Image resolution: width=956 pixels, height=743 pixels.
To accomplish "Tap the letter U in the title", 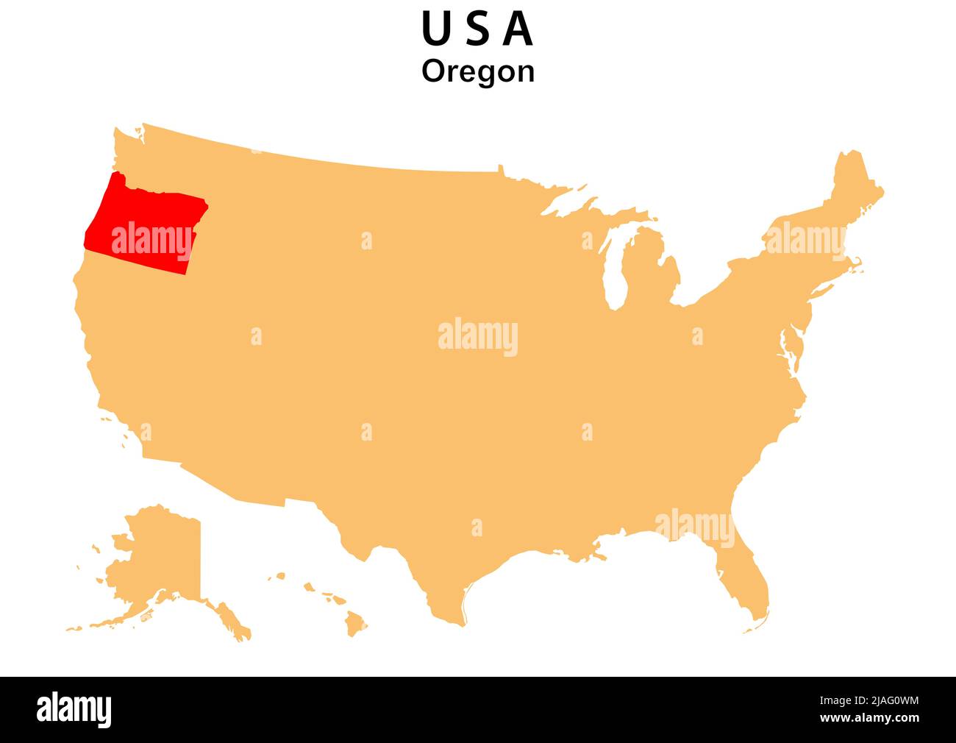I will coord(435,29).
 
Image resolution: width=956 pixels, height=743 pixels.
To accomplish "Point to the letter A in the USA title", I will coord(518,29).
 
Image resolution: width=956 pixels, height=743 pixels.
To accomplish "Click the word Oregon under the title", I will coord(478,71).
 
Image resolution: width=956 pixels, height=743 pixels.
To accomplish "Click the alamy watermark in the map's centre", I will coord(478,337).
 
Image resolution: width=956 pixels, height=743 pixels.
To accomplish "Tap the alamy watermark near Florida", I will coord(694,527).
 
